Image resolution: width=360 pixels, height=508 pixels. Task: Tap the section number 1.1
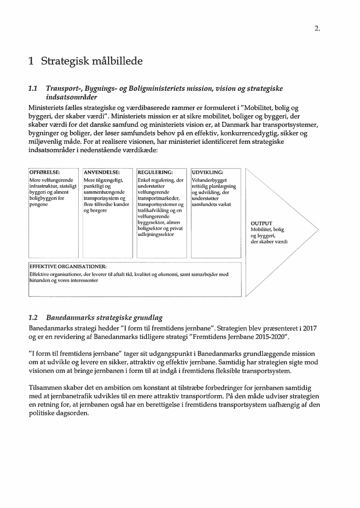click(33, 89)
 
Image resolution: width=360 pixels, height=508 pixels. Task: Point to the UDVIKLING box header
click(208, 172)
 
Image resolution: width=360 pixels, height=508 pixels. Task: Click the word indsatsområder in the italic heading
click(72, 97)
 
